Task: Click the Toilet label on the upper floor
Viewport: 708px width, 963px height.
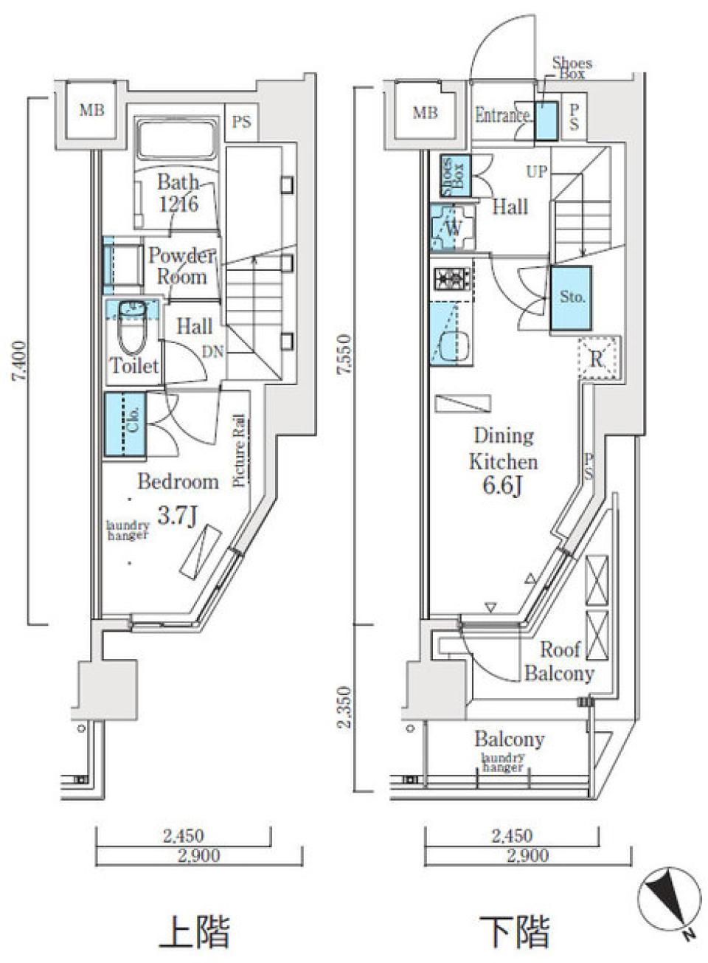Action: [x=134, y=365]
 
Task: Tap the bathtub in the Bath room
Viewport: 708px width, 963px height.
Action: [x=176, y=141]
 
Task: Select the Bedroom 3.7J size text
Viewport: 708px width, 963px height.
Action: [x=177, y=514]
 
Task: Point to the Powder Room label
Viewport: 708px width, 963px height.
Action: [x=181, y=266]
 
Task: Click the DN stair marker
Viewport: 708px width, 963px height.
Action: [x=212, y=353]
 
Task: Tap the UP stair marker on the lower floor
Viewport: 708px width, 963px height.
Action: [x=536, y=171]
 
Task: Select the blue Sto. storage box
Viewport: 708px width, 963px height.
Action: [x=571, y=297]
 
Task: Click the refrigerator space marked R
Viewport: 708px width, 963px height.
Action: [x=597, y=359]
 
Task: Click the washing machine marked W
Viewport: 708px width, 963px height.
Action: [x=451, y=227]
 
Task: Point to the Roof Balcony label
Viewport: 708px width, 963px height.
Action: [x=559, y=661]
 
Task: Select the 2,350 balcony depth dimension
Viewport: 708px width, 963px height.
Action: [x=345, y=707]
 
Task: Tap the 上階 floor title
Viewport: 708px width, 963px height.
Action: [x=195, y=931]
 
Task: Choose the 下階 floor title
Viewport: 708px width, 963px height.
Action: [x=514, y=931]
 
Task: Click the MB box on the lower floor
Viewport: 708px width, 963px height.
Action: [x=425, y=113]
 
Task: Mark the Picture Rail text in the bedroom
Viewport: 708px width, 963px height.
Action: [x=240, y=450]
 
